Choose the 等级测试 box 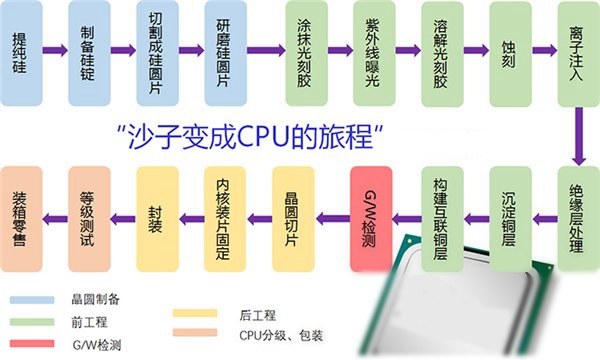point(89,214)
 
